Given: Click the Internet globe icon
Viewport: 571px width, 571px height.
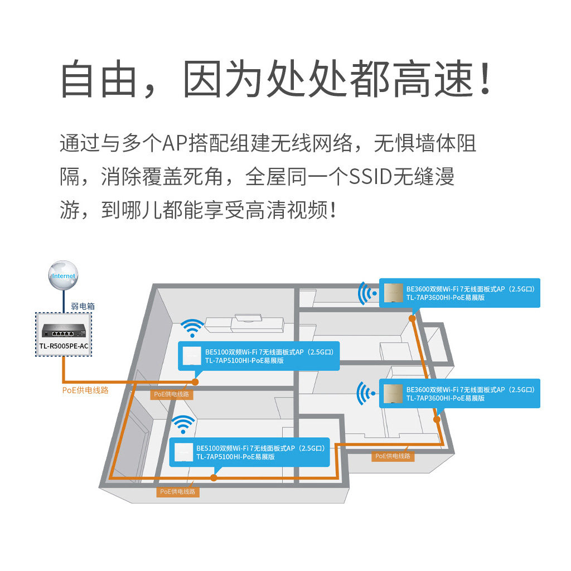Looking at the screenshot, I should pos(63,275).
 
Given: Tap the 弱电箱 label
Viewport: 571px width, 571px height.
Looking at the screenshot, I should pos(83,306).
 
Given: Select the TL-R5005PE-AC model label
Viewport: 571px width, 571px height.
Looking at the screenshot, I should pos(63,346).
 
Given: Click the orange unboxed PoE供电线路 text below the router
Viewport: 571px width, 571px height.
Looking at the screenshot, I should pos(85,390).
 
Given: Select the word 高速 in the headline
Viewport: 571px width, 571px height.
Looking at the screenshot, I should pos(434,80).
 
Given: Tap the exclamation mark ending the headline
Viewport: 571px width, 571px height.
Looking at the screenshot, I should pos(485,80).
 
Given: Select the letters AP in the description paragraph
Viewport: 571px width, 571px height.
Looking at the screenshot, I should pos(172,144).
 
